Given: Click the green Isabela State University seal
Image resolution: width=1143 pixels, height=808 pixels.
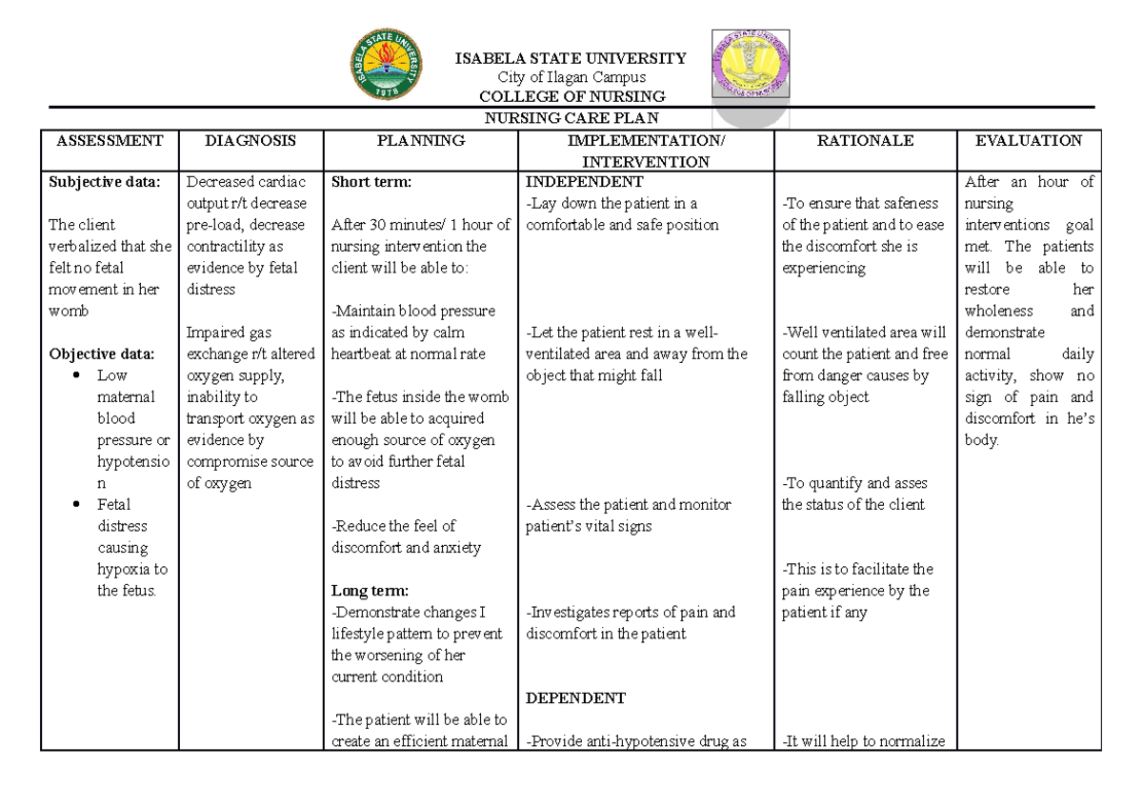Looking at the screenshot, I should pyautogui.click(x=386, y=67).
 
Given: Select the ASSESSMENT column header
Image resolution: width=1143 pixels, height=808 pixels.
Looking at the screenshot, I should pyautogui.click(x=110, y=141).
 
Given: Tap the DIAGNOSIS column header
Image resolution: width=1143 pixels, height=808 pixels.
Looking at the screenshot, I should pyautogui.click(x=251, y=141).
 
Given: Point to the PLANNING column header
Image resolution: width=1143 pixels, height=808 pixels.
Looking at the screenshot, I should pyautogui.click(x=420, y=141).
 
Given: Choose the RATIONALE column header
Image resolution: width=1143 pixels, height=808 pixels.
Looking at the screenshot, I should pyautogui.click(x=865, y=141).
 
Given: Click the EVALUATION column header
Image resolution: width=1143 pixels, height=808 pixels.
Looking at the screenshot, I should pyautogui.click(x=1029, y=141).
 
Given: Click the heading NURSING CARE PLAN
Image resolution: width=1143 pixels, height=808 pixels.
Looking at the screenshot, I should pyautogui.click(x=571, y=118).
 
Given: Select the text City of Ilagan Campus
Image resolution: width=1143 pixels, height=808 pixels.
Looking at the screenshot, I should pyautogui.click(x=571, y=77).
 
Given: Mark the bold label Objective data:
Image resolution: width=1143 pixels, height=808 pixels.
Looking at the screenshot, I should pyautogui.click(x=101, y=354).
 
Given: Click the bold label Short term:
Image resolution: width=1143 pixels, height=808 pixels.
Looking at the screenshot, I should pyautogui.click(x=370, y=182).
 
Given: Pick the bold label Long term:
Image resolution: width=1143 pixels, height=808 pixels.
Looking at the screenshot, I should pyautogui.click(x=369, y=592).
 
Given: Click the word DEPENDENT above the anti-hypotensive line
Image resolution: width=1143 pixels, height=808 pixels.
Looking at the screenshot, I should pyautogui.click(x=575, y=698).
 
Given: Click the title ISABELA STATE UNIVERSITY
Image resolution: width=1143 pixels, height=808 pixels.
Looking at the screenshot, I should pyautogui.click(x=571, y=58).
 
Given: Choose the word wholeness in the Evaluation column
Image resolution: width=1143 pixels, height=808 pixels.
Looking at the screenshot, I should pyautogui.click(x=998, y=312).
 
